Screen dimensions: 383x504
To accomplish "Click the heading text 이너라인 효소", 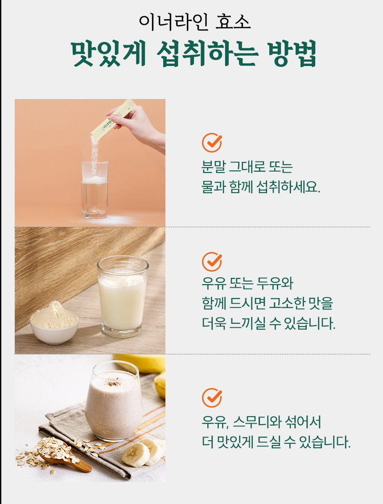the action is (195, 22).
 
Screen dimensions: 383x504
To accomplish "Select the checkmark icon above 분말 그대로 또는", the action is (212, 142).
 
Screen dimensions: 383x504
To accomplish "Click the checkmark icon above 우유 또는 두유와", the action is (212, 262).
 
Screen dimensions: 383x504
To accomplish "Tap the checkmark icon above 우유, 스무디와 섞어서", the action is (212, 397).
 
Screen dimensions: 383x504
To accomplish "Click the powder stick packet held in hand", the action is (112, 120).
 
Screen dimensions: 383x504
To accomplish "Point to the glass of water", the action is (95, 190).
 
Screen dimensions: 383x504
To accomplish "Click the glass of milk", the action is (123, 296).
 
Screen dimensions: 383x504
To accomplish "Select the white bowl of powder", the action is (54, 323).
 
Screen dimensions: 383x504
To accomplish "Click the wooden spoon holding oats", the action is (64, 456).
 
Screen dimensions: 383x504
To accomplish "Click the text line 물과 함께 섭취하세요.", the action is (260, 187).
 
